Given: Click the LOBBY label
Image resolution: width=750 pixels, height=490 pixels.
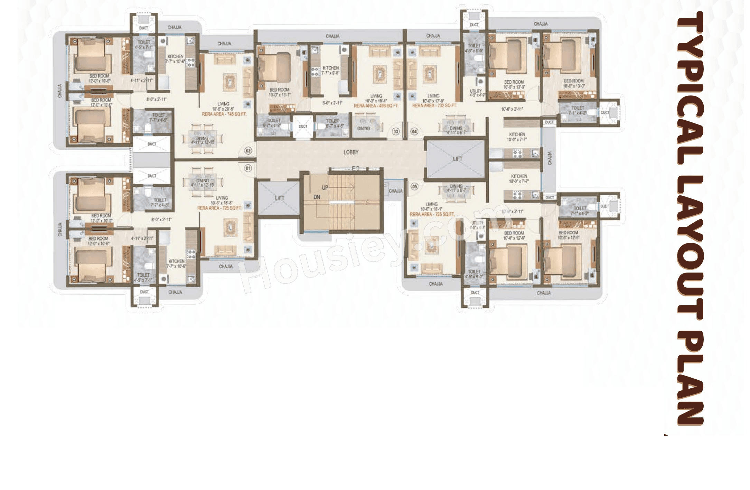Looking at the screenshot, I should [x=351, y=152].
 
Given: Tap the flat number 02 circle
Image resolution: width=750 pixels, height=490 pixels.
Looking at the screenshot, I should [x=248, y=151].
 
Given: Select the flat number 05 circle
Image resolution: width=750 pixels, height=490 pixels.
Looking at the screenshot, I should [x=414, y=186].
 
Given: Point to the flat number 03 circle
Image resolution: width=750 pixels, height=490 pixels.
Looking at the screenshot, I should [x=396, y=131].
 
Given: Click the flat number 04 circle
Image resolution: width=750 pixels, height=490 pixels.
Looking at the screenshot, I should [x=414, y=131].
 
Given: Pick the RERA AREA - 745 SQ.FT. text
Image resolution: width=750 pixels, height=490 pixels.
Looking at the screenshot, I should [x=224, y=114].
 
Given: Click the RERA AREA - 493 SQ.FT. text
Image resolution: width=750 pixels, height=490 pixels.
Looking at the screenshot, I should [x=376, y=106].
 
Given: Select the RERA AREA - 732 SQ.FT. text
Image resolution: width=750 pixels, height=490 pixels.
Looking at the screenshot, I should [x=434, y=105].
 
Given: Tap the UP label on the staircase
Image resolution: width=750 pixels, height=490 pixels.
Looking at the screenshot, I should [x=325, y=188].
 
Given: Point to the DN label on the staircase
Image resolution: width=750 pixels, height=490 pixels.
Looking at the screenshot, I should [x=317, y=197].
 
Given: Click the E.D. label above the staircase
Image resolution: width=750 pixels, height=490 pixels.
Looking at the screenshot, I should [x=356, y=168].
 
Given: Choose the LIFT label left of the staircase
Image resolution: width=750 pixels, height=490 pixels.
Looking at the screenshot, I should [x=279, y=198].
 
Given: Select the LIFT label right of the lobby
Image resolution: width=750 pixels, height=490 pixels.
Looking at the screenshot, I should [x=457, y=159].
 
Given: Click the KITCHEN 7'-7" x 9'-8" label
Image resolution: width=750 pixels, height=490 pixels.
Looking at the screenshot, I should [x=330, y=71].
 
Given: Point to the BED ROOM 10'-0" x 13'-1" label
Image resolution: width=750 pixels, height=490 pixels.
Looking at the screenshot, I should [x=279, y=92].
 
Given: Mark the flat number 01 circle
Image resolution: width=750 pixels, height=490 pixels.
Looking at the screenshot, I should [x=248, y=168].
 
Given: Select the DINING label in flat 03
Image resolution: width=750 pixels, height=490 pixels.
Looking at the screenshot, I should [x=364, y=128].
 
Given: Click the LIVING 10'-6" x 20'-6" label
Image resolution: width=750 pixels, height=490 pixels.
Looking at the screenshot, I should [x=223, y=106].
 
